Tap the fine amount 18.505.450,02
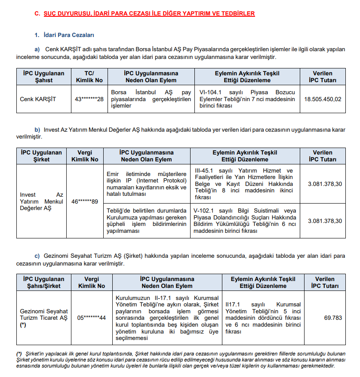tap(323, 99)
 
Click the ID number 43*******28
tap(89, 99)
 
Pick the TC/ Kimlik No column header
tap(89, 77)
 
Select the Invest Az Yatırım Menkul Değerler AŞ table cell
tap(41, 201)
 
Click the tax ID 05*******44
tap(91, 318)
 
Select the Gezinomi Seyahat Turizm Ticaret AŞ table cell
tap(44, 318)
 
